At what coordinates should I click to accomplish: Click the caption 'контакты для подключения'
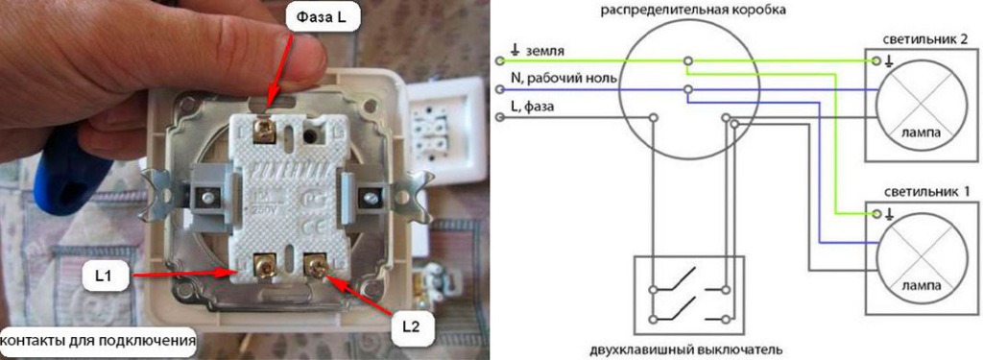click(x=99, y=340)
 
